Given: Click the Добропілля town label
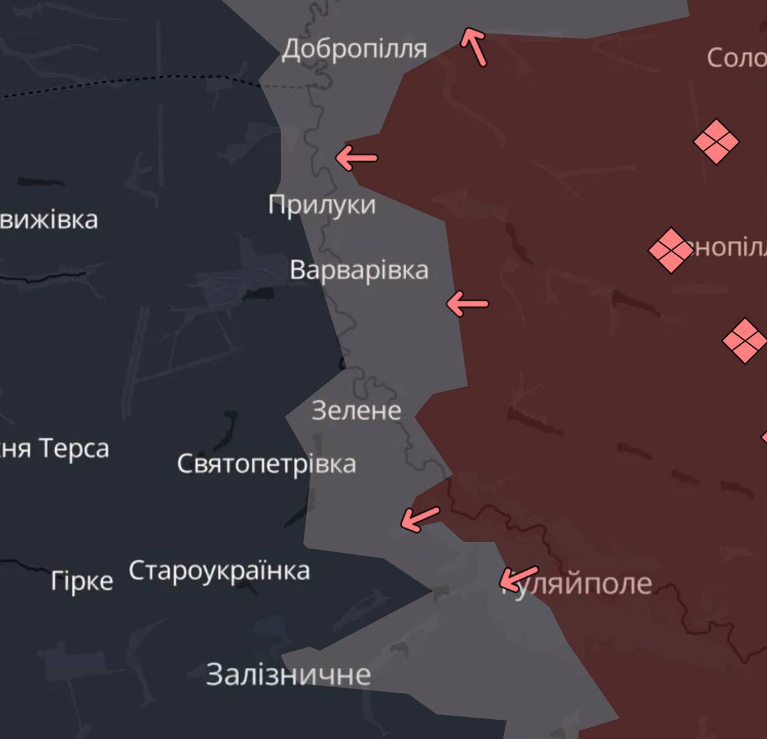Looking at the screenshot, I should coord(354,49).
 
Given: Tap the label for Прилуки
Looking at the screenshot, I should coord(321,205).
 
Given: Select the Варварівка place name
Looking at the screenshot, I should coord(359,270).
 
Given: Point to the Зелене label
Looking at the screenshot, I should coord(356,411).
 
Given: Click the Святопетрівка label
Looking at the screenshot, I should coord(266,464).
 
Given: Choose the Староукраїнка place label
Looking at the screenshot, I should coord(219,571).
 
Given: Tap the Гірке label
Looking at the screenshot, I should coord(81,581).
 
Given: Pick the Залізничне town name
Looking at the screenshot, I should coord(288,675).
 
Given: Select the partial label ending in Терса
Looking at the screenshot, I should coord(55,449).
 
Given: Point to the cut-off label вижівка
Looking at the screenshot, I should coord(49,220).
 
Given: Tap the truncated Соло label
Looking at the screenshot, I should coord(736,57).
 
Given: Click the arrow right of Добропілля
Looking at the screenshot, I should coord(474,47).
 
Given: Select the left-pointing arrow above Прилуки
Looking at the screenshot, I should coord(356,158).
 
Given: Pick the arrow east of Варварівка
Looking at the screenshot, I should coord(467,303).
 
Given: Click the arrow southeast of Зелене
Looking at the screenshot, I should coord(420,519).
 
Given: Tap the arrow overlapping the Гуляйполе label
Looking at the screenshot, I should coord(518,578).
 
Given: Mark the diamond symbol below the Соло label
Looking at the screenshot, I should coord(716,142).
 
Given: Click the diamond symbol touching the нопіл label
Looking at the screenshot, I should coord(670,250).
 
